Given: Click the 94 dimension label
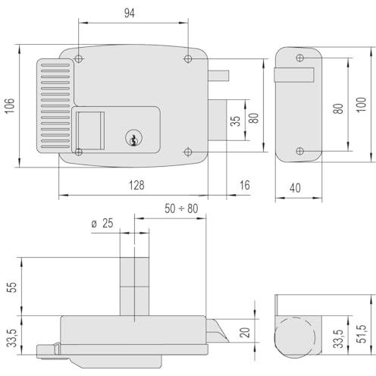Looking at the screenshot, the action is (x=130, y=13).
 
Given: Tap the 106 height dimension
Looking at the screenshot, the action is (x=10, y=106).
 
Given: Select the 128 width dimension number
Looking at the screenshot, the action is (x=136, y=185).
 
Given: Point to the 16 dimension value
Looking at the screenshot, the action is (x=245, y=185).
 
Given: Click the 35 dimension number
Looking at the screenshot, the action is (x=235, y=121).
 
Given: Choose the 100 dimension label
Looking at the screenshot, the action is (x=361, y=105).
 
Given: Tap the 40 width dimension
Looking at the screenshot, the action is (x=295, y=188).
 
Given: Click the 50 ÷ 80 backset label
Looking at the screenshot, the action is (x=181, y=208).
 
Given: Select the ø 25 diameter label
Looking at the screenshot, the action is (x=102, y=224).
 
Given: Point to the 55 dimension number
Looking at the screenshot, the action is (x=11, y=287).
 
